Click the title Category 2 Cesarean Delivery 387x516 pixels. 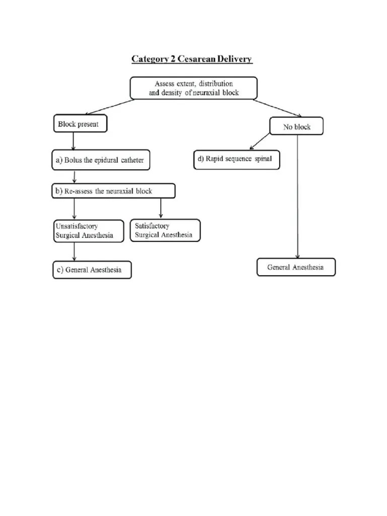pyautogui.click(x=192, y=59)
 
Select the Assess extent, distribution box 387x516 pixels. pyautogui.click(x=193, y=88)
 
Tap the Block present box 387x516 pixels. pyautogui.click(x=80, y=124)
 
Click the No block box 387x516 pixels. pyautogui.click(x=296, y=127)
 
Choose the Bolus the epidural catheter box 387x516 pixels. pyautogui.click(x=101, y=160)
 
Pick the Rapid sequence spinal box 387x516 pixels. pyautogui.click(x=236, y=160)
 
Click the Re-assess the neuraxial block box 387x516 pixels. pyautogui.click(x=113, y=191)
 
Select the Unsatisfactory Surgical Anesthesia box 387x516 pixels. pyautogui.click(x=88, y=231)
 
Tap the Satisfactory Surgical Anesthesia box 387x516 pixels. pyautogui.click(x=165, y=231)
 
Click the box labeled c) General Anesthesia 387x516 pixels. pyautogui.click(x=92, y=270)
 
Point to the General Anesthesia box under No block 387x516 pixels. pyautogui.click(x=296, y=267)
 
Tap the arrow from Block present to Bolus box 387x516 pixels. pyautogui.click(x=74, y=141)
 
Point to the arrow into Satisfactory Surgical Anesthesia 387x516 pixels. pyautogui.click(x=161, y=208)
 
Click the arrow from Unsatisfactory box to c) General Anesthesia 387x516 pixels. pyautogui.click(x=75, y=251)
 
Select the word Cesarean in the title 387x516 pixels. pyautogui.click(x=189, y=59)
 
